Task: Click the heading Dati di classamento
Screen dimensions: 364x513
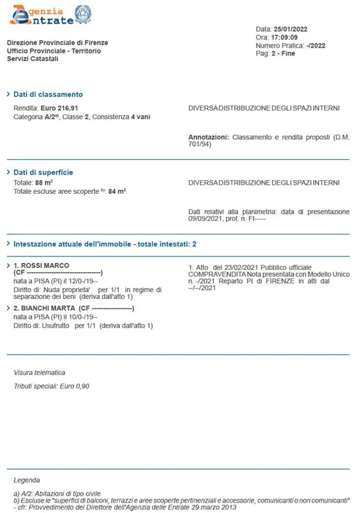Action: pos(48,94)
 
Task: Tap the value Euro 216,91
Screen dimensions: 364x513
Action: pos(60,109)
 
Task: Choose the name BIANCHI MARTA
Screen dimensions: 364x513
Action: pos(48,309)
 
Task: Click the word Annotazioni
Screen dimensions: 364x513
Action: pos(208,137)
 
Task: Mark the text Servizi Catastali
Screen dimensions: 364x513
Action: pos(33,59)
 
